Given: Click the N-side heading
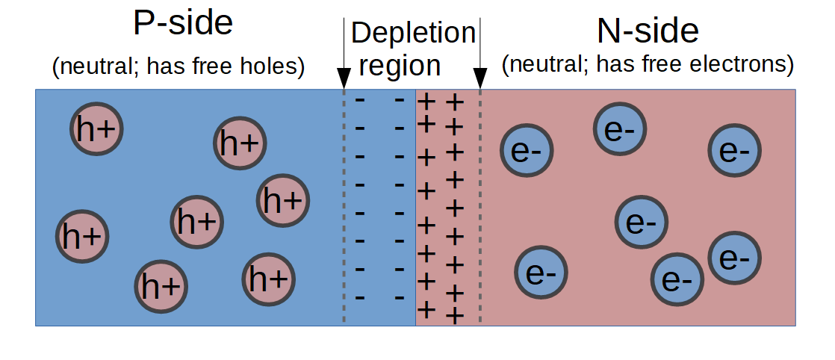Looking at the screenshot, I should coord(648,31).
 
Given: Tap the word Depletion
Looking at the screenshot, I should coord(413,33).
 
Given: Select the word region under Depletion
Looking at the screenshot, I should coord(400,66).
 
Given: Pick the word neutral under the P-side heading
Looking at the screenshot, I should coord(96,66).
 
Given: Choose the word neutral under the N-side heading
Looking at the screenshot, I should coord(546,65).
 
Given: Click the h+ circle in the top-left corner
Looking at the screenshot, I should coord(96,129).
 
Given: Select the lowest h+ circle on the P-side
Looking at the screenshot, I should coord(161,287).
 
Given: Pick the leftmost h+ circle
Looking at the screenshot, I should coord(81,236).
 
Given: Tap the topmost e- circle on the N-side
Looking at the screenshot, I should coord(619,130).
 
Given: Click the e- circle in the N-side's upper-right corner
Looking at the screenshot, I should coord(735,150).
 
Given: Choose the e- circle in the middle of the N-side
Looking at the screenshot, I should coord(641,221).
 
